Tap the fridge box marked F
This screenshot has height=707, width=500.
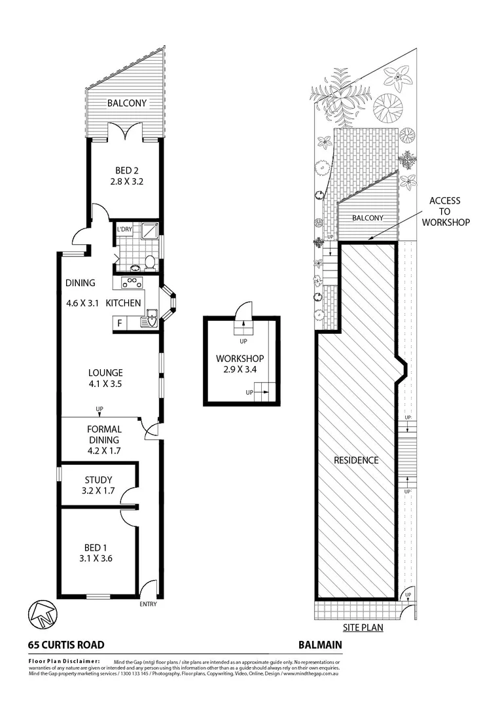(x=120, y=323)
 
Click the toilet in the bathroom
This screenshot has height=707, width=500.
(x=150, y=263)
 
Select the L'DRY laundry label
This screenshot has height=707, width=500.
(x=124, y=230)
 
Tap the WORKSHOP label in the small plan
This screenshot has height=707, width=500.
(x=240, y=359)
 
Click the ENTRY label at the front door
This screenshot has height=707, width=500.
(x=148, y=604)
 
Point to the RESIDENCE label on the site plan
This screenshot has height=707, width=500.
(x=357, y=460)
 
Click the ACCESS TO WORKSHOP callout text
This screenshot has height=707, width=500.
(x=444, y=211)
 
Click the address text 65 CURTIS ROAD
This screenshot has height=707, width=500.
(x=66, y=644)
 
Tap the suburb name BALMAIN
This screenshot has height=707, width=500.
(x=319, y=644)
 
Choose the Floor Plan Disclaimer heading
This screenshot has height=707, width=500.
(x=63, y=661)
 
